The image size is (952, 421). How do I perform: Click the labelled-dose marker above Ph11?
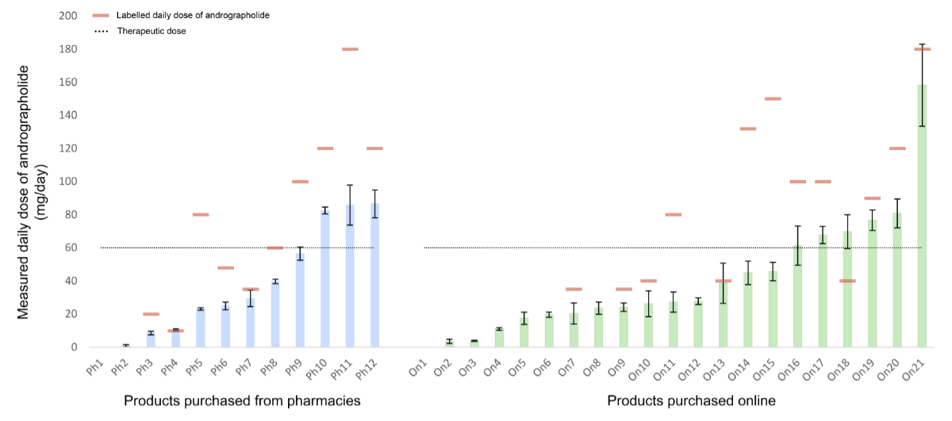(x=350, y=49)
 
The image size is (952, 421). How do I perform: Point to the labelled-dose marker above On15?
(x=773, y=99)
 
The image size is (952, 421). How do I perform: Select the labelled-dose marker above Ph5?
(x=201, y=215)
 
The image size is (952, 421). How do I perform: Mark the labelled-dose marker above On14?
(x=748, y=128)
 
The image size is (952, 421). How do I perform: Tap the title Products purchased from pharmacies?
(x=242, y=401)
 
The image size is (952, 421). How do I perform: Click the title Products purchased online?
(x=692, y=401)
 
